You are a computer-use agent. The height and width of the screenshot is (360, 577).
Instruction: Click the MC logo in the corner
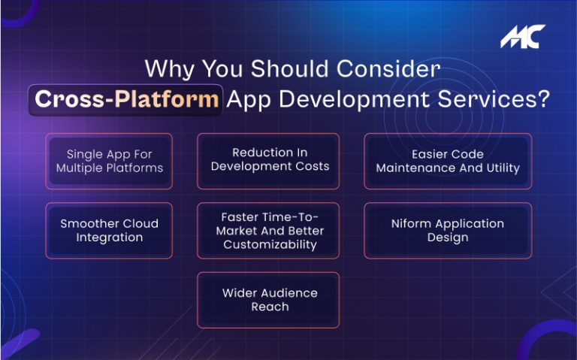(x=523, y=37)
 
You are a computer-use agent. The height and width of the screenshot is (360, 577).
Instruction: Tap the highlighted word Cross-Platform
(x=127, y=100)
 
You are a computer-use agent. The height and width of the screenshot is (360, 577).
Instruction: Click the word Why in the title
(x=166, y=68)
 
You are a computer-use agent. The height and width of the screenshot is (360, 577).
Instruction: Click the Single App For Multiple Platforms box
(x=109, y=161)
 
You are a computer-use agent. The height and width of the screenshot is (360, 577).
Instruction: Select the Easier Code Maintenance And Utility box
(x=448, y=161)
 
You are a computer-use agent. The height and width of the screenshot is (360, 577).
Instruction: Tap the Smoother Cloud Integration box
(x=109, y=231)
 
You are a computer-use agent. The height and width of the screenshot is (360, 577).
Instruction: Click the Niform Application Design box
(x=448, y=231)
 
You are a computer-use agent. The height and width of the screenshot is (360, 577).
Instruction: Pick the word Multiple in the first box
(x=81, y=168)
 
